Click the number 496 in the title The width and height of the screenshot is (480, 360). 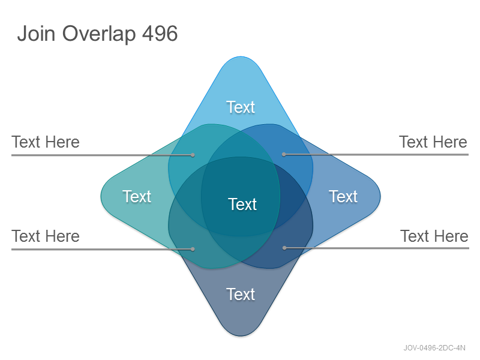pyautogui.click(x=160, y=33)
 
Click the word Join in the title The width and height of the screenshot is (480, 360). pyautogui.click(x=36, y=33)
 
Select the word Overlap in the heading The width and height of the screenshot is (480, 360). pyautogui.click(x=99, y=34)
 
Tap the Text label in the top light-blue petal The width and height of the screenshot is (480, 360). pyautogui.click(x=241, y=107)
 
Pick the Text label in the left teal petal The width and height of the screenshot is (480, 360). pyautogui.click(x=137, y=196)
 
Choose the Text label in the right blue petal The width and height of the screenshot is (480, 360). pyautogui.click(x=343, y=196)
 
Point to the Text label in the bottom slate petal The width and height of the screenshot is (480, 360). pyautogui.click(x=241, y=294)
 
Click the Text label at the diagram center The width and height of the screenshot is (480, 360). pyautogui.click(x=242, y=204)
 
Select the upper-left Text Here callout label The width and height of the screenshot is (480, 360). pyautogui.click(x=46, y=142)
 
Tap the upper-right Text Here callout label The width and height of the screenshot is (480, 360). pyautogui.click(x=433, y=142)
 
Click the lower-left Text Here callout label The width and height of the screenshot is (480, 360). pyautogui.click(x=46, y=236)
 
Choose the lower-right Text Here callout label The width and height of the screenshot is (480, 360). pyautogui.click(x=434, y=236)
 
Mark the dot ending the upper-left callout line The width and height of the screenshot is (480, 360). pyautogui.click(x=193, y=155)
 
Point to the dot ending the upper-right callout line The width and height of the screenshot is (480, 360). pyautogui.click(x=284, y=155)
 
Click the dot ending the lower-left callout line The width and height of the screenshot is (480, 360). pyautogui.click(x=193, y=249)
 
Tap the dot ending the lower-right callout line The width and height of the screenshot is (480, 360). pyautogui.click(x=284, y=248)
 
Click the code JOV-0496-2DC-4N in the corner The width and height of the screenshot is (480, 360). pyautogui.click(x=434, y=348)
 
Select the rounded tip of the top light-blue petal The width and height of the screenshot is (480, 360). pyautogui.click(x=241, y=57)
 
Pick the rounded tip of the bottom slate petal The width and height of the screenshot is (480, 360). pyautogui.click(x=241, y=336)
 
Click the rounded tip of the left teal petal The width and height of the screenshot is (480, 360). pyautogui.click(x=101, y=196)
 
